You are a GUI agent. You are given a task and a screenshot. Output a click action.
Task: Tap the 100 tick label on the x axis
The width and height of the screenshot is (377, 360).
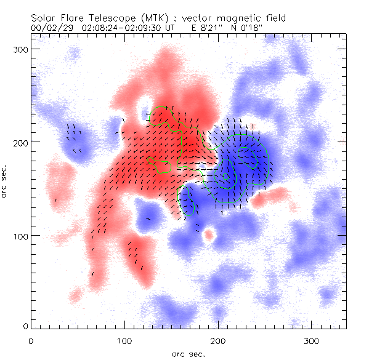pos(124,340)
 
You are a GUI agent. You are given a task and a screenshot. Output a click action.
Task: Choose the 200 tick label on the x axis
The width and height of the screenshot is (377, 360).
pos(218,340)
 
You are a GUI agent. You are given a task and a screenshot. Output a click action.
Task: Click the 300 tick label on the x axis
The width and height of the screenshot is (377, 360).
pos(312,340)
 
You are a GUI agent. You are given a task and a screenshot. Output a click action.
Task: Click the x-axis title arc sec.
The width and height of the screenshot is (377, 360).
pos(188,353)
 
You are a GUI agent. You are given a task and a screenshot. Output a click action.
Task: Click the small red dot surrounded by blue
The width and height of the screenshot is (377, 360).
pos(209,234)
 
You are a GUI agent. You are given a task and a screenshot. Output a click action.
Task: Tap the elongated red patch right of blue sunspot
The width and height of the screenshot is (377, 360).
pos(269,197)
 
